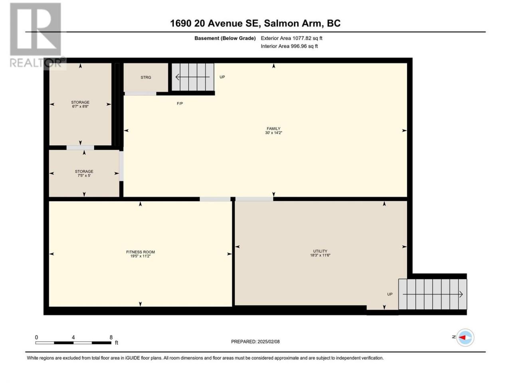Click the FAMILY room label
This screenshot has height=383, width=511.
coord(273,128)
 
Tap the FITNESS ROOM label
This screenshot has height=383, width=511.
coord(141,252)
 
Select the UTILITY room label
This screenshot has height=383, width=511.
coord(320,251)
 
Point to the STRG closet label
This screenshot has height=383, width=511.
coord(146,77)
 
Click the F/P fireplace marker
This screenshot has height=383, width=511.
coord(180,103)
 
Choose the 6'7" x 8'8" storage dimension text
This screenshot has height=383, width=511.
coord(80,107)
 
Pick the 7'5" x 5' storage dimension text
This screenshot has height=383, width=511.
coord(84,176)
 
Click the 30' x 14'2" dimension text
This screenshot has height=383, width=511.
coord(273,133)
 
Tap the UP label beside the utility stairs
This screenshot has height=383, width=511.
coord(390,294)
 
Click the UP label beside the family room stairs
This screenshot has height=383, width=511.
coord(222,77)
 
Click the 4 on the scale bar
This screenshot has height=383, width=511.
coord(73,337)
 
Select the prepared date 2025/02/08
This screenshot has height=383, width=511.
coord(268,342)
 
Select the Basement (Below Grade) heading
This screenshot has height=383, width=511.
coord(225,38)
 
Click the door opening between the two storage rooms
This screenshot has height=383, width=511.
coord(80,148)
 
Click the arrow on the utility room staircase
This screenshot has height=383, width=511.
coord(432,294)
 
